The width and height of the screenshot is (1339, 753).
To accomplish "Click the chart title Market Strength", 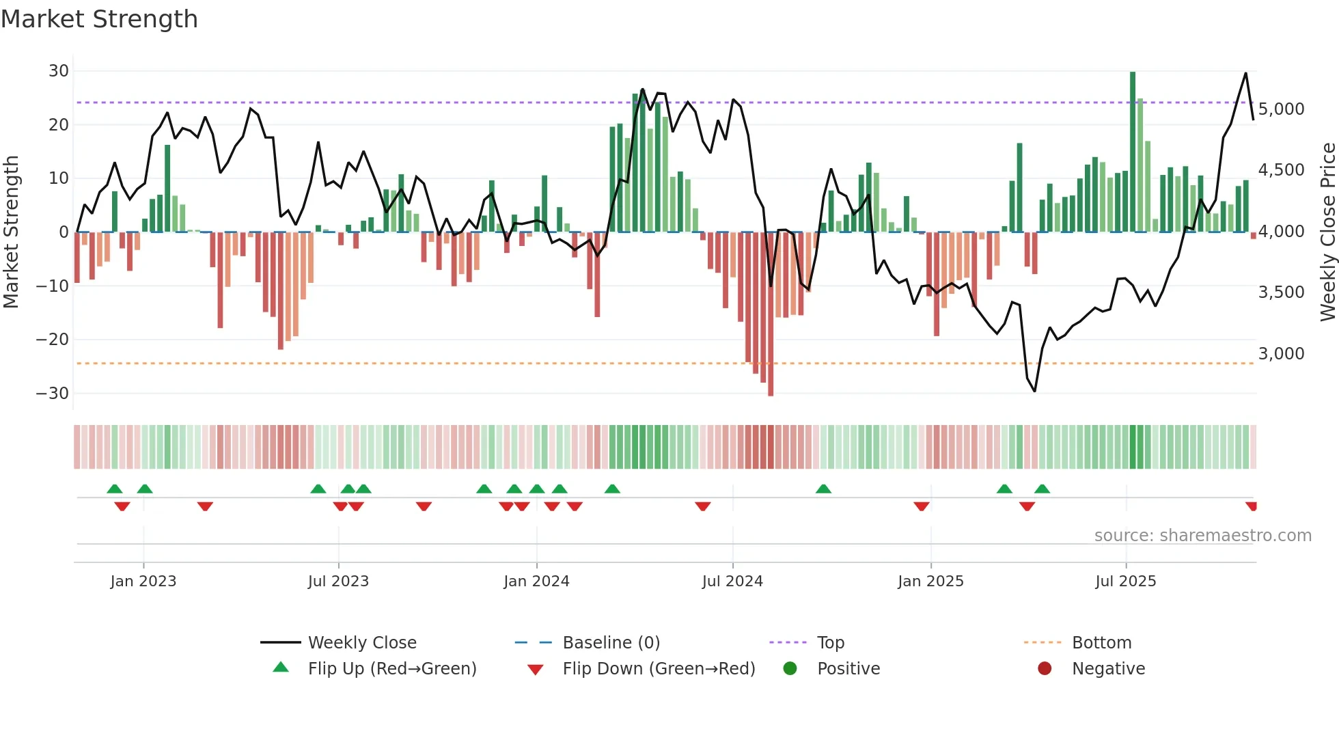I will point(99,19).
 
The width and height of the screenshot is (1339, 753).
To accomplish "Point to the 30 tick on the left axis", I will point(59,71).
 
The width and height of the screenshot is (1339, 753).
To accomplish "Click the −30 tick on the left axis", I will point(53,394).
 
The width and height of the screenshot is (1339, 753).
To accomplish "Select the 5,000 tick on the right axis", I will point(1281,109).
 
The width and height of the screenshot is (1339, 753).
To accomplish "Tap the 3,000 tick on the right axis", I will point(1281,354).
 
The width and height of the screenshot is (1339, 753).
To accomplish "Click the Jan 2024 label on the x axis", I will point(536,581).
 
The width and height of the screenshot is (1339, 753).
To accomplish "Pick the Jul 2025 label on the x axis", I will point(1125,581).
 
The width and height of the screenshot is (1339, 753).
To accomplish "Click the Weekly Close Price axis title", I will point(1327,232).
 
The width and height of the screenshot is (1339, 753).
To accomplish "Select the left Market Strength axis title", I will point(11,232).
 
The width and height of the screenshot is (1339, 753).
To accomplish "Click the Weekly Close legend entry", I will point(361,643).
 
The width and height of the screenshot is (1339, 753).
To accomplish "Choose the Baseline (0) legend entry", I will point(611,643).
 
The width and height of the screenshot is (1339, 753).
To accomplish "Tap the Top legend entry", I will point(830,643).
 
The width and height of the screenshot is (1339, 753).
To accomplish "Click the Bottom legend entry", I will point(1101,643).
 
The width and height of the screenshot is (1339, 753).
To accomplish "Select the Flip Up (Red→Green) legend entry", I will point(391,669).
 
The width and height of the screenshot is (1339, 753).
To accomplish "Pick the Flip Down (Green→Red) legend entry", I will point(659,669).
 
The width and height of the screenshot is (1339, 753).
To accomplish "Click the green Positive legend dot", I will point(790,669).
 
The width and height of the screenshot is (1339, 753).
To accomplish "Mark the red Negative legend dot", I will point(1045,669).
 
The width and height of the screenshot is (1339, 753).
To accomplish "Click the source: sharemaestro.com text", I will point(1202,536).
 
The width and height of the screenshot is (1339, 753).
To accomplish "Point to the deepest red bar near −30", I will point(771,314).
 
